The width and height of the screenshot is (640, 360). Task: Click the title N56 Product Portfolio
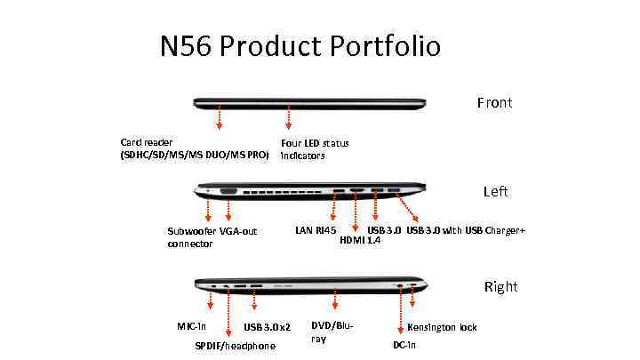tap(300, 45)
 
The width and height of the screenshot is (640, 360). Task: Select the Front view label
tap(494, 103)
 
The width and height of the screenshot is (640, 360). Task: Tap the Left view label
tap(496, 191)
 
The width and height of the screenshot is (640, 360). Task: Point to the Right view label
tap(500, 286)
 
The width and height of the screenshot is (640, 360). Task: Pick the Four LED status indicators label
tap(315, 148)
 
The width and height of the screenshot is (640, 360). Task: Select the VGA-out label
tap(237, 231)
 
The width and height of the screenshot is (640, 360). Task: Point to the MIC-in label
tap(191, 327)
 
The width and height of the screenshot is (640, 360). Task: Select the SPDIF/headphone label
tap(235, 346)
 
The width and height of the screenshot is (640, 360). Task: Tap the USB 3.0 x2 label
tap(268, 328)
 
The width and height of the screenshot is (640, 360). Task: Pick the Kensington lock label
tap(442, 327)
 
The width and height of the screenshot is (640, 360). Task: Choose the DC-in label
tap(404, 345)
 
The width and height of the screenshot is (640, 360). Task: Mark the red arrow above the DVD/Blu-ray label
tap(334, 300)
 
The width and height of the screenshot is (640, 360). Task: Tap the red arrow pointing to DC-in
tap(401, 311)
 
